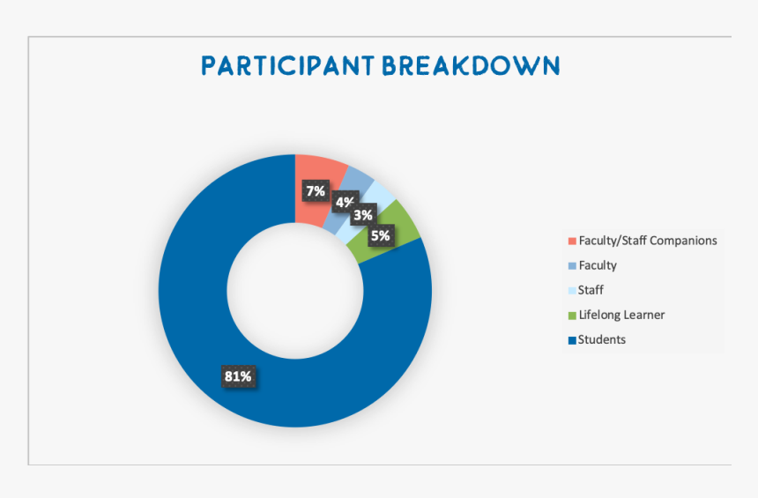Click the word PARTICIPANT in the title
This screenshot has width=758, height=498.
point(287,66)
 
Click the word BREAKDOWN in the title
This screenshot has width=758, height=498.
point(472,66)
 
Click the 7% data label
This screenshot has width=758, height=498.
point(316,191)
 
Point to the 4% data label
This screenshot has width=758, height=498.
point(345,202)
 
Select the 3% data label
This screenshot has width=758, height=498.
point(363,215)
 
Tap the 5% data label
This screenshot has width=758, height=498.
point(381,235)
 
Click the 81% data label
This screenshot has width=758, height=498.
point(238,376)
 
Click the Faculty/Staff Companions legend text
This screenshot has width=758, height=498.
point(648,241)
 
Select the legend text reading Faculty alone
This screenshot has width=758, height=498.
point(598,265)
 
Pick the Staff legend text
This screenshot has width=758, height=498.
point(591,290)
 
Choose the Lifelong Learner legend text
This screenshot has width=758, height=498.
point(621,315)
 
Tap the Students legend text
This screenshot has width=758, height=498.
point(602,339)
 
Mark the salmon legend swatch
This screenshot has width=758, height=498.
point(572,241)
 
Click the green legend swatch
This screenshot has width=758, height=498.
point(572,316)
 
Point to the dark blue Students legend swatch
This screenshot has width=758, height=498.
point(572,340)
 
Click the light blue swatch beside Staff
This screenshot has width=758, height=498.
point(572,291)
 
